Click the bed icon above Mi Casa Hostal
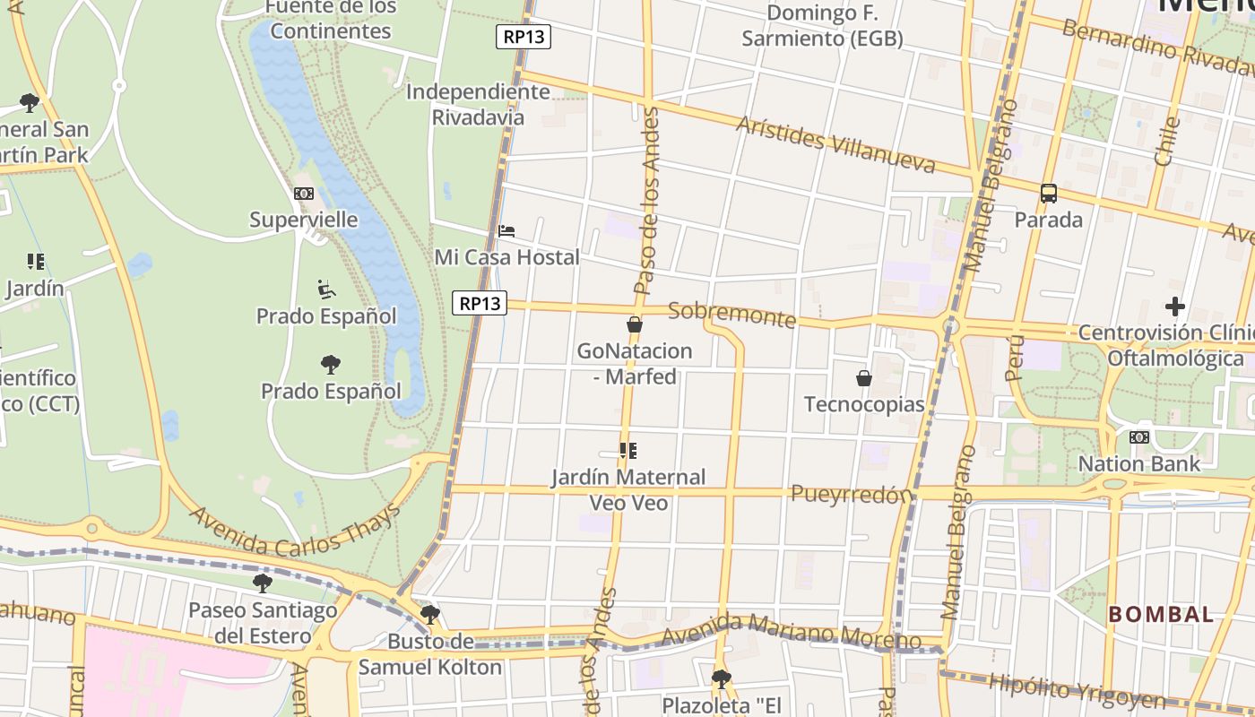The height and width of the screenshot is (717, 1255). tap(506, 231)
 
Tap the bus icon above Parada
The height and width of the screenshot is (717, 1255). tap(1048, 193)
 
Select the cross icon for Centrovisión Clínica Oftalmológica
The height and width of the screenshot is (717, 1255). tap(1174, 307)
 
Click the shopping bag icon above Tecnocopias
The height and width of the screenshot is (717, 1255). tap(864, 378)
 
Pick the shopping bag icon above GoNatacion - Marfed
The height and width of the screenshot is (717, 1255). tap(635, 324)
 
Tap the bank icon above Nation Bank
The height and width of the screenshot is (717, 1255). tap(1138, 437)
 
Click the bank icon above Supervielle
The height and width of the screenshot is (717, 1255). tap(303, 194)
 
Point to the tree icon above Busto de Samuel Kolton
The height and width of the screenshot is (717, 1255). tap(430, 615)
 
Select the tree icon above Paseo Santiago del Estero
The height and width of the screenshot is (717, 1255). tap(263, 583)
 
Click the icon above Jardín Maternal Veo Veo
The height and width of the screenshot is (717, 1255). tap(628, 450)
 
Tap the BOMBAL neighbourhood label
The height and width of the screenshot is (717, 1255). tap(1161, 615)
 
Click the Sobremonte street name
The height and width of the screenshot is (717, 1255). tap(731, 315)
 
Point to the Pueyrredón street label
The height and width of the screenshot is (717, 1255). tap(851, 494)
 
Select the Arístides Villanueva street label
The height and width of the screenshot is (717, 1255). tap(835, 144)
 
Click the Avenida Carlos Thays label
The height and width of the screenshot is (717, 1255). tap(295, 529)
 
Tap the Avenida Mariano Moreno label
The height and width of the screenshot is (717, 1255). tap(792, 632)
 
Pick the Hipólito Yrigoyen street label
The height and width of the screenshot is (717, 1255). tap(1076, 690)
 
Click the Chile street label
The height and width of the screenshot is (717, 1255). tap(1166, 141)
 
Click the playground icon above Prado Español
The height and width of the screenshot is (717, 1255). tap(326, 289)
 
